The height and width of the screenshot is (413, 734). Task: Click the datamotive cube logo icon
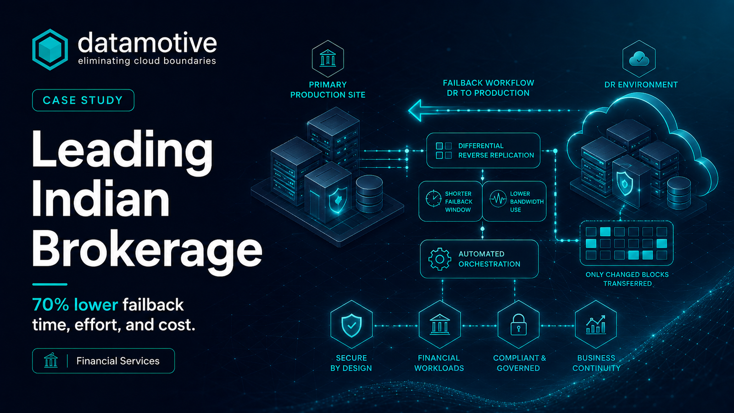tap(50, 50)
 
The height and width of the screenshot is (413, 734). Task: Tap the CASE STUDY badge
tap(83, 100)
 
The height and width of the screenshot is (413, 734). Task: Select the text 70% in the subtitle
tap(50, 305)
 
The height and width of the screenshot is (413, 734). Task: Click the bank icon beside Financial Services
tap(51, 361)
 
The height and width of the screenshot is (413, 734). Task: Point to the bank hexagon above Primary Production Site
tap(328, 59)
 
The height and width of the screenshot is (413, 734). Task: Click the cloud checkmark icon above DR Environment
tap(639, 59)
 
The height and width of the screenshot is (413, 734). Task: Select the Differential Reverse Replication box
tap(484, 151)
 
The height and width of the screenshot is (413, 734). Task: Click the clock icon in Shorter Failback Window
tap(433, 198)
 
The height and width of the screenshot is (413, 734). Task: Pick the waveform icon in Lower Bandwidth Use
tap(498, 199)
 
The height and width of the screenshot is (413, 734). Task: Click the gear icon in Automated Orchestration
tap(440, 259)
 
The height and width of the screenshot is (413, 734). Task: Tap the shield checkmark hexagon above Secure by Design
tap(351, 324)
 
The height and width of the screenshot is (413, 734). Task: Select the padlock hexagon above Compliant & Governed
tap(518, 324)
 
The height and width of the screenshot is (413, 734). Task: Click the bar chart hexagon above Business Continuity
tap(596, 324)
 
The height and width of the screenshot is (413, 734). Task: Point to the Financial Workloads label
tap(439, 363)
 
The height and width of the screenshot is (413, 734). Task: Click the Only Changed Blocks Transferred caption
tap(627, 279)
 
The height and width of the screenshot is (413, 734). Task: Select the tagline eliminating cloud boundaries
tap(147, 61)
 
